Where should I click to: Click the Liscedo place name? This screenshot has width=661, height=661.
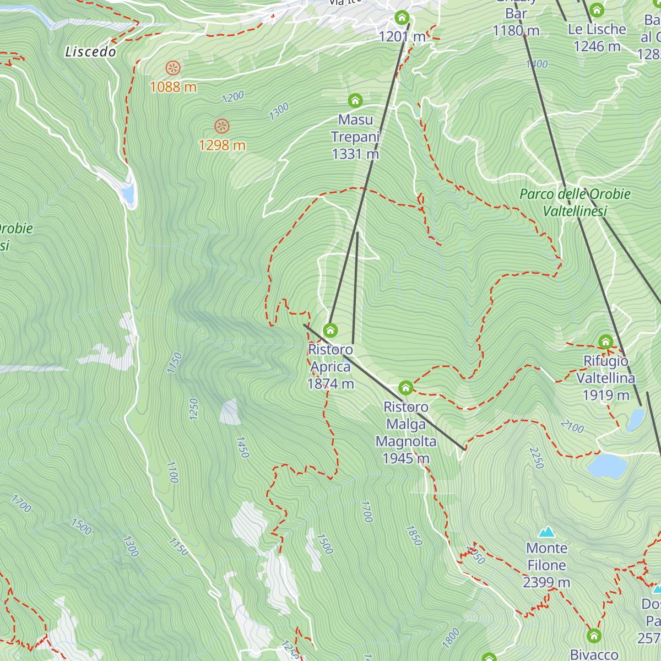click(91, 52)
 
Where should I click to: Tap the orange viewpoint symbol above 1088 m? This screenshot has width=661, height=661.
click(173, 68)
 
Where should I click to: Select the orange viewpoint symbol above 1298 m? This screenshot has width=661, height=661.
click(221, 126)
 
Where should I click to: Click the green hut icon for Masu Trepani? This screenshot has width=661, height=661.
click(355, 100)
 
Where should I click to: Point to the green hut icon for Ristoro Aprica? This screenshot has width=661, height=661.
click(330, 330)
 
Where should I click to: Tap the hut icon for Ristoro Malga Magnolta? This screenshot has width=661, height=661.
click(406, 388)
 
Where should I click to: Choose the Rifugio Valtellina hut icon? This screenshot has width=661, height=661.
click(606, 342)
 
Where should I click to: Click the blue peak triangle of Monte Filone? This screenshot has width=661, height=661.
click(546, 532)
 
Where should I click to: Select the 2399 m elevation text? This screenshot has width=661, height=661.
click(546, 582)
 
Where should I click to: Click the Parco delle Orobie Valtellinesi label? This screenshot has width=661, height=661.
click(575, 202)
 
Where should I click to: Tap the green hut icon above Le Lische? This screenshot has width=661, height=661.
click(597, 10)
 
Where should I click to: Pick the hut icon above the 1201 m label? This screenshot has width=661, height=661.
click(402, 18)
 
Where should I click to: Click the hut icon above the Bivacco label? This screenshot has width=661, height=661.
click(594, 636)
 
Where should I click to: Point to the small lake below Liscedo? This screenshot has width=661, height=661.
click(128, 193)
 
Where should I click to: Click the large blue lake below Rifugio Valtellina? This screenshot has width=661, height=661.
click(607, 466)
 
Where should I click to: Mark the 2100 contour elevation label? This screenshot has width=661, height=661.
click(572, 426)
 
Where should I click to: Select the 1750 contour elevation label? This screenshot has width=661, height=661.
click(175, 363)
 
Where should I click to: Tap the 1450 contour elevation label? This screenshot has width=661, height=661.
click(243, 447)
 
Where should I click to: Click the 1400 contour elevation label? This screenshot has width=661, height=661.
click(537, 64)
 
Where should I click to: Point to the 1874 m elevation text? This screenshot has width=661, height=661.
click(330, 384)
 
